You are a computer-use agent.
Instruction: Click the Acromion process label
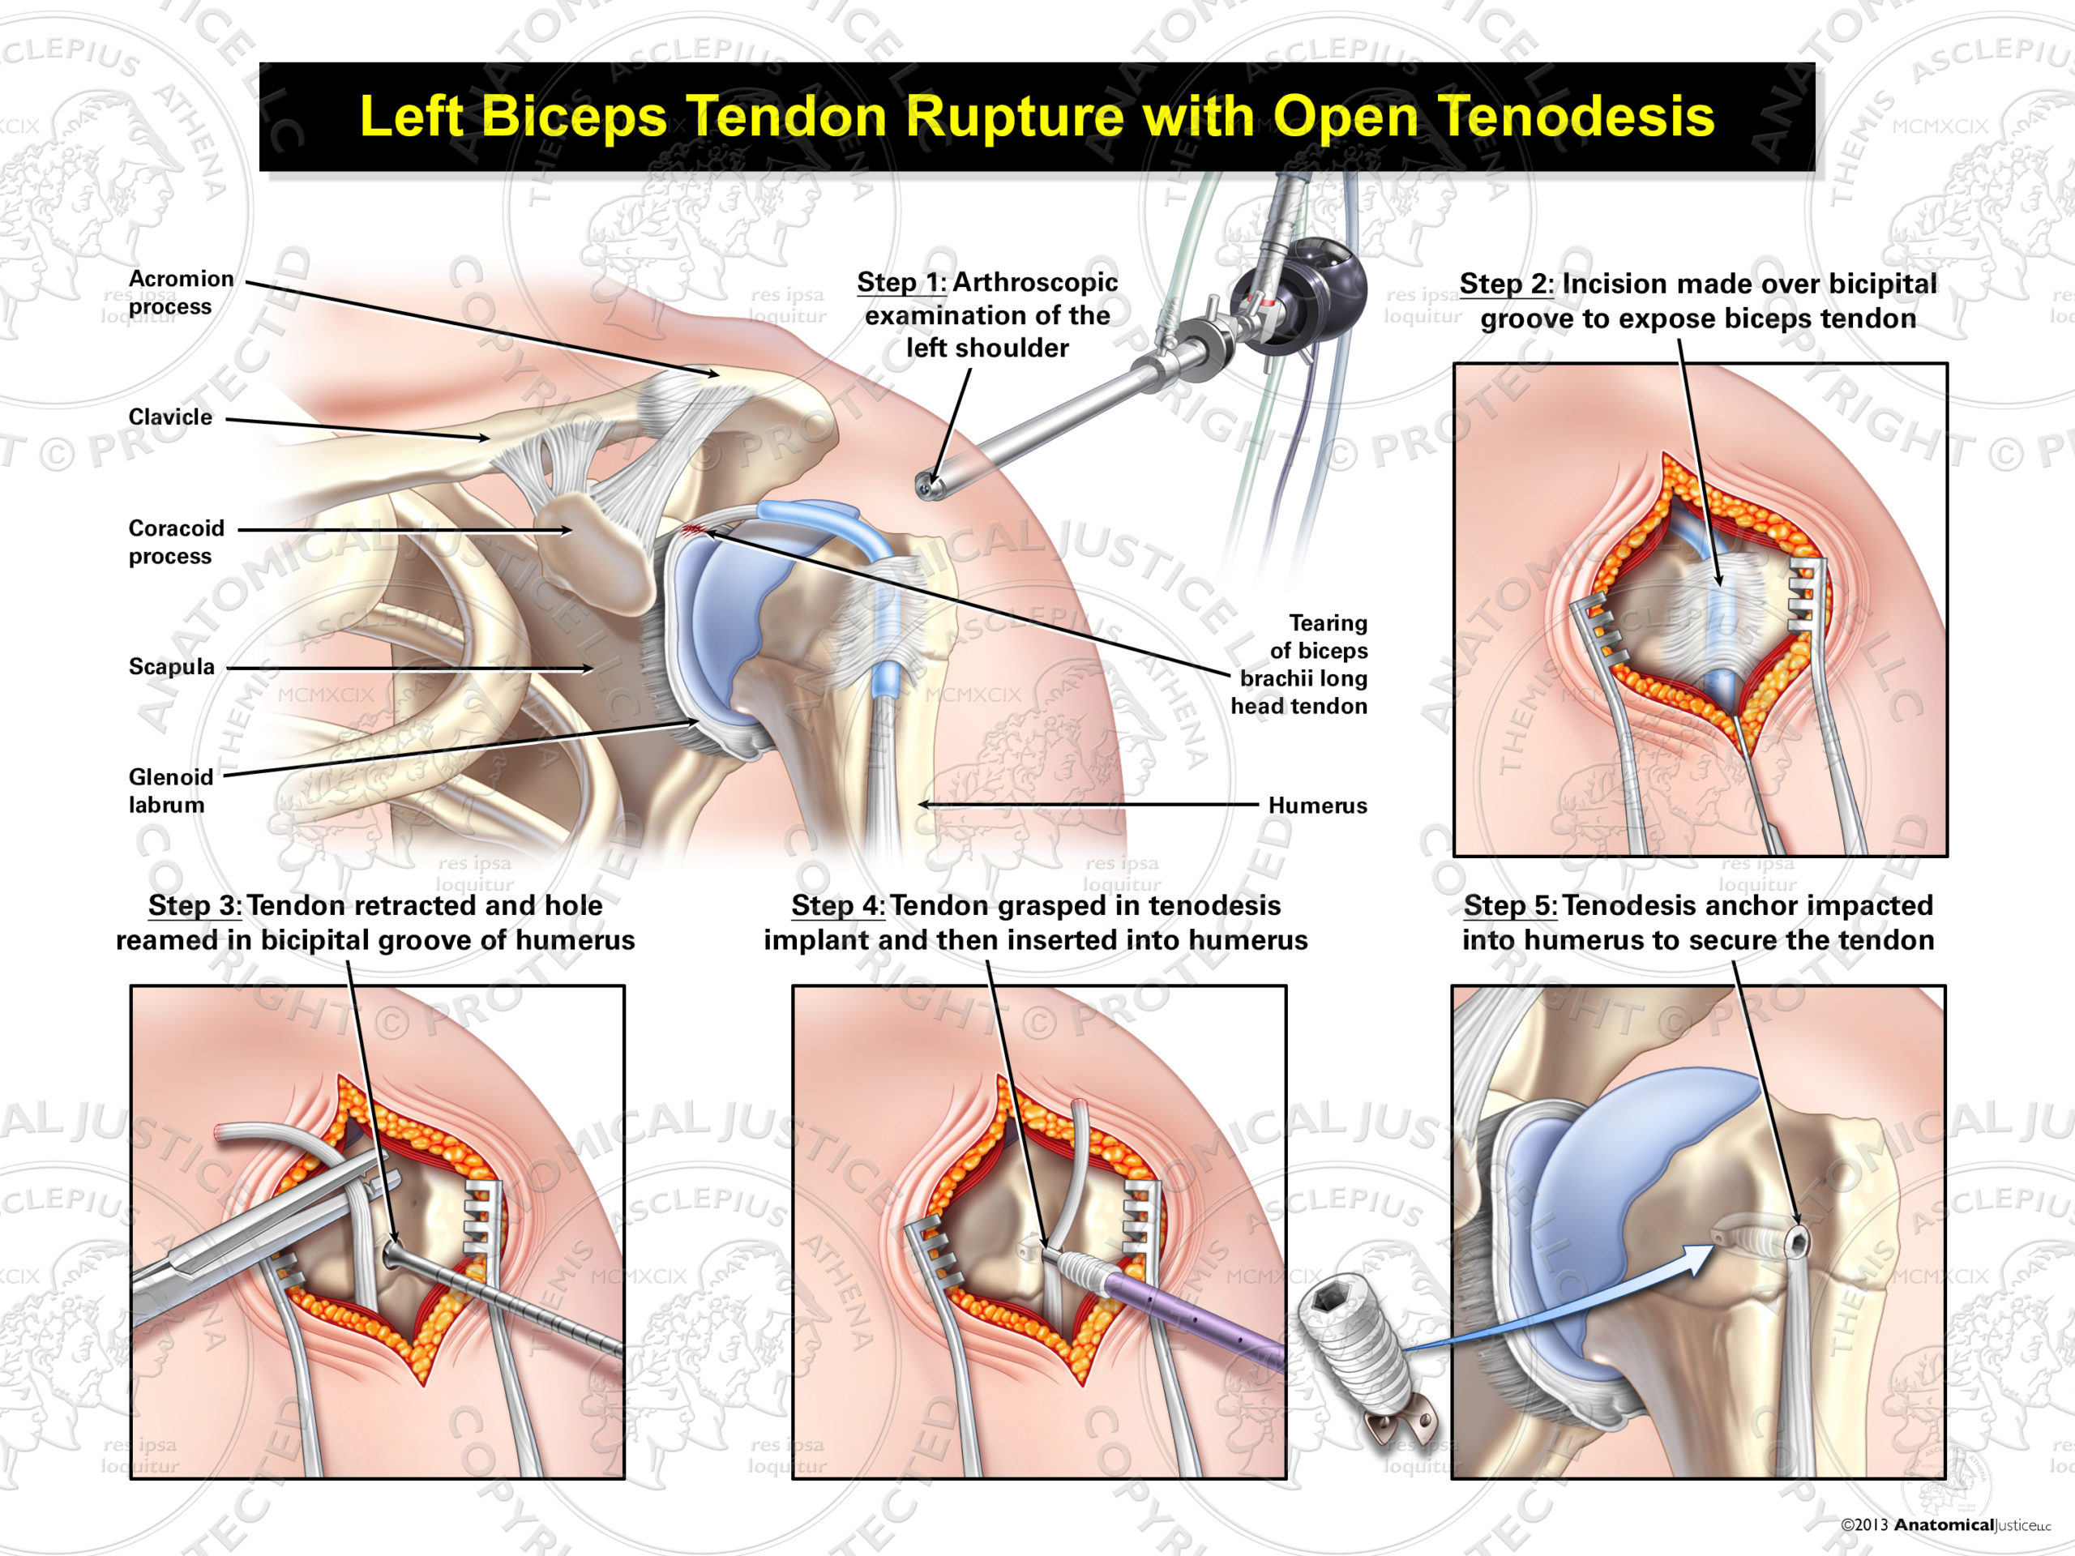coord(181,293)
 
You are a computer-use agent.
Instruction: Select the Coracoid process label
coord(177,542)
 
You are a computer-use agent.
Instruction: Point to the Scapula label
coord(172,667)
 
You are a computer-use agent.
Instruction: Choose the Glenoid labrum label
coord(171,791)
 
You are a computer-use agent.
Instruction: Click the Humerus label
coord(1317,806)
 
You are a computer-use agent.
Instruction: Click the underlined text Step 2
coord(1506,284)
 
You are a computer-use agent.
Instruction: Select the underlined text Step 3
coord(195,906)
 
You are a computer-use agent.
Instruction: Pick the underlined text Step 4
coord(837,906)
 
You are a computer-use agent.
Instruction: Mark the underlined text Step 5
coord(1509,906)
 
